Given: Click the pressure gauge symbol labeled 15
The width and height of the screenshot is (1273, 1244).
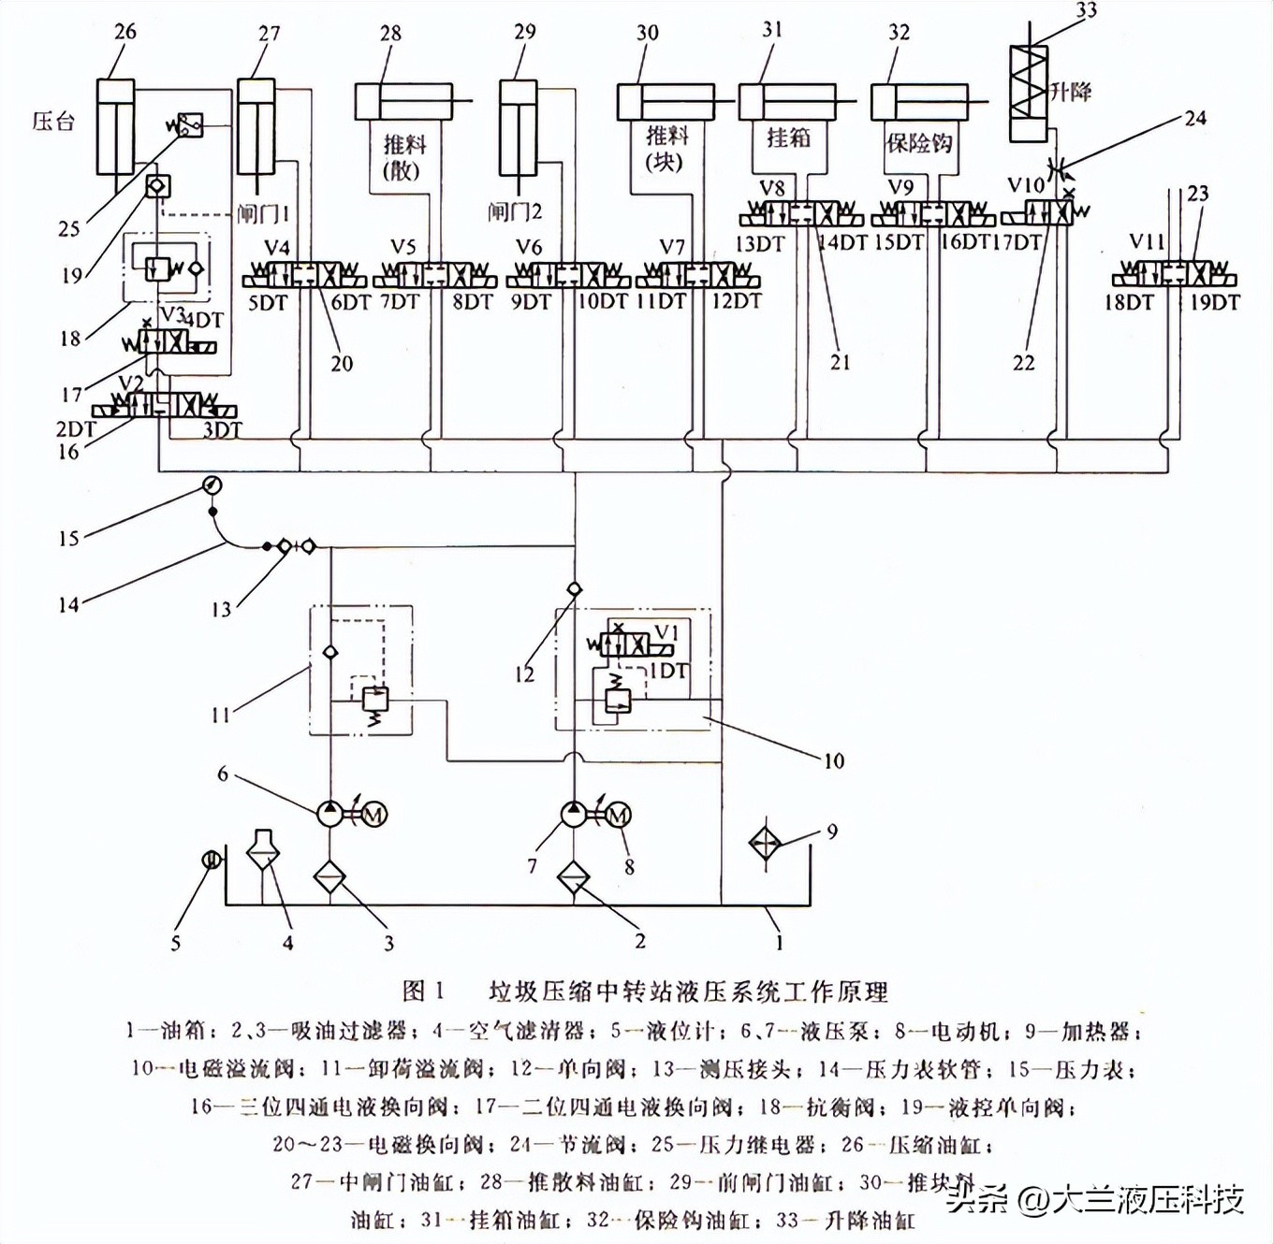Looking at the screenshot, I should [x=212, y=485].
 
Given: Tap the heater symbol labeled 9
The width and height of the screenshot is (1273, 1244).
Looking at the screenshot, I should [x=765, y=844].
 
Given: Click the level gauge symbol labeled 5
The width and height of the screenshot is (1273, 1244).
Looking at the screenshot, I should [x=212, y=859].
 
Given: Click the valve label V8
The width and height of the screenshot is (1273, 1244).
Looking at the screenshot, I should [x=771, y=188].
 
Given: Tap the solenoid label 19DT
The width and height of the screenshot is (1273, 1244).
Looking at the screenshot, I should [x=1214, y=303].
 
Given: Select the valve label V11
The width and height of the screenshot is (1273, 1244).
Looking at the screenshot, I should [x=1146, y=242].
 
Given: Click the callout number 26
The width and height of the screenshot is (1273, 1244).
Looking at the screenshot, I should [x=124, y=32].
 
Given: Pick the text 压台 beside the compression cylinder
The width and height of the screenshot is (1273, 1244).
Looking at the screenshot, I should [x=52, y=122].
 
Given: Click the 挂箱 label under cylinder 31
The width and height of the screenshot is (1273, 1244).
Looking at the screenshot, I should [x=788, y=138].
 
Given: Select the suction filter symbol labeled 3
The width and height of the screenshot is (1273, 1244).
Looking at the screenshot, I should [x=329, y=878].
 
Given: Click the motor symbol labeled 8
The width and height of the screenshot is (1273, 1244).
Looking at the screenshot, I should [x=617, y=816].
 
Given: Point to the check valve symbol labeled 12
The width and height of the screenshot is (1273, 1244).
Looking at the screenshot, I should [x=575, y=589].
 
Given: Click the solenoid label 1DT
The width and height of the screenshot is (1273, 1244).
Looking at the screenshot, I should [x=668, y=671].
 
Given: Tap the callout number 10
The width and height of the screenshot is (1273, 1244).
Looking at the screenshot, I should [x=833, y=761].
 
